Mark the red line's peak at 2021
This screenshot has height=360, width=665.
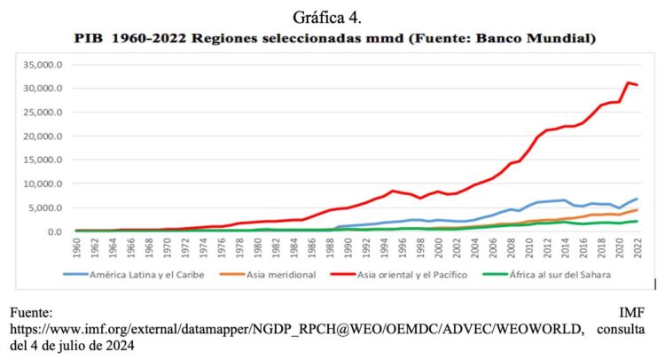coord(629,83)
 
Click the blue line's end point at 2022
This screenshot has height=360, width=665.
coord(638,199)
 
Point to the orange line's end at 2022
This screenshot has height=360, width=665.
coord(638,210)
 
